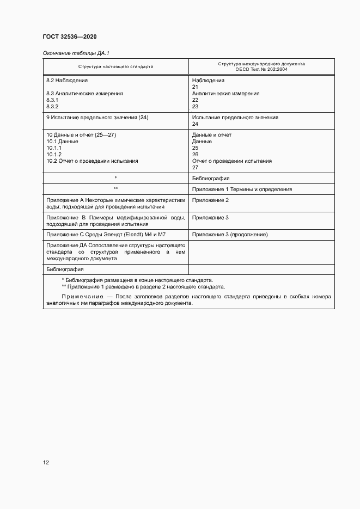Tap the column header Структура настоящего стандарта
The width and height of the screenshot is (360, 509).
click(115, 66)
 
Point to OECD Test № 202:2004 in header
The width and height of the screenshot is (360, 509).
click(261, 70)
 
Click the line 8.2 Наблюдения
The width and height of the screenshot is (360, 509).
click(67, 80)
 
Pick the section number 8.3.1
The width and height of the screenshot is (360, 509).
click(52, 100)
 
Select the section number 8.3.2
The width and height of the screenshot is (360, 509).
click(52, 107)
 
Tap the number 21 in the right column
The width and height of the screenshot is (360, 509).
click(195, 87)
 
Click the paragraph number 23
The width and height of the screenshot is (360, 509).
click(195, 107)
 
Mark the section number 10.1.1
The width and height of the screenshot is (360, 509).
click(54, 148)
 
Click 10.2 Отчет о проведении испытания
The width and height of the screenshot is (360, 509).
click(92, 161)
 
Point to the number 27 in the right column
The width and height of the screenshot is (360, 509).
click(195, 168)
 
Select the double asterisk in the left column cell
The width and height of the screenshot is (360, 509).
click(115, 189)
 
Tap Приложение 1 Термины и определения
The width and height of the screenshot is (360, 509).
click(242, 189)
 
